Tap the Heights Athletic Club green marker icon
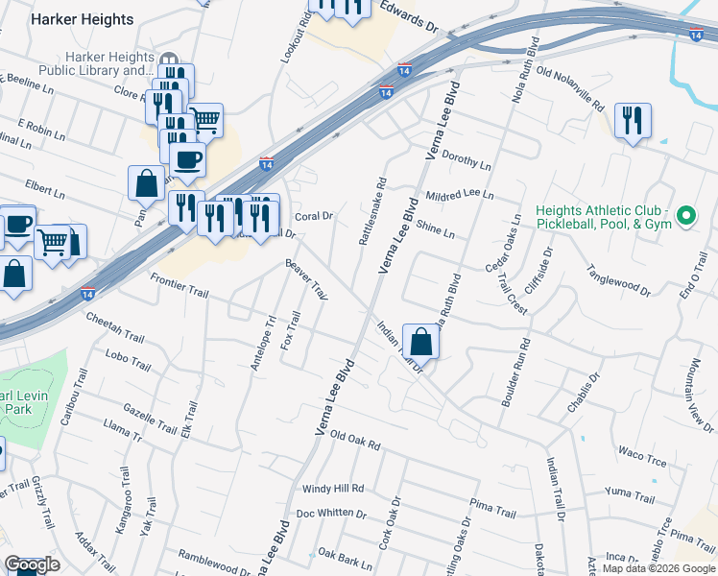pyautogui.click(x=686, y=217)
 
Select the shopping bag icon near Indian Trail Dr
pyautogui.click(x=420, y=340)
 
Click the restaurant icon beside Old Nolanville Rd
pyautogui.click(x=632, y=121)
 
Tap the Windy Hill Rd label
pyautogui.click(x=333, y=489)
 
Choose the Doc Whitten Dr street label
pyautogui.click(x=331, y=513)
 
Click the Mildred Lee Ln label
pyautogui.click(x=459, y=195)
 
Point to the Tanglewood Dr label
pyautogui.click(x=618, y=280)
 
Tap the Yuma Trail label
pyautogui.click(x=630, y=496)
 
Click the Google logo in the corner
pyautogui.click(x=32, y=564)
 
